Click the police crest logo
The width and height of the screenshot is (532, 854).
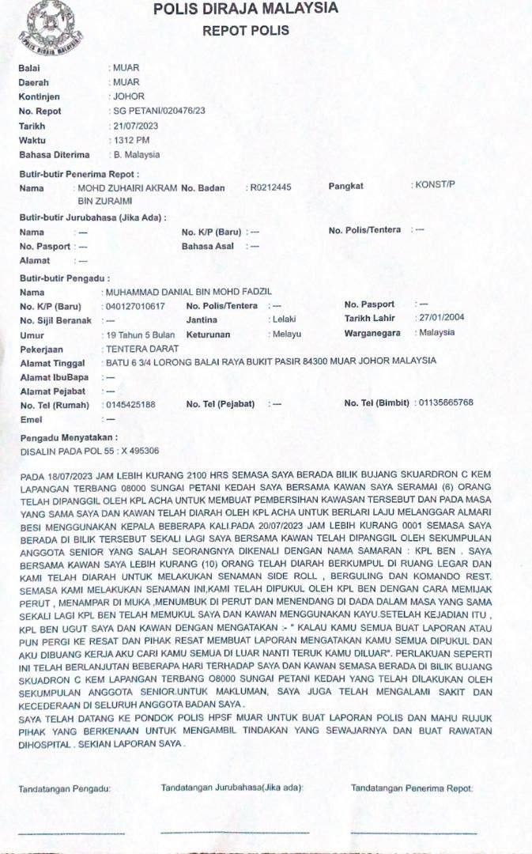45,24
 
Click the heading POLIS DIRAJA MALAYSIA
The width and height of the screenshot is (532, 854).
246,9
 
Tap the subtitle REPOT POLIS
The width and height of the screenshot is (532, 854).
246,31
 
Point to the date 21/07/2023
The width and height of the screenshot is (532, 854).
136,127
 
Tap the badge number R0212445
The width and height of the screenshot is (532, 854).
271,188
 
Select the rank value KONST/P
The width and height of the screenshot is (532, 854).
436,185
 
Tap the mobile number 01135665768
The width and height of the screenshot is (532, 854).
447,403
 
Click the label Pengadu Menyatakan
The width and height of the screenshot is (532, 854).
69,437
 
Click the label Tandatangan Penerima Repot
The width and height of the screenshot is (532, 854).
412,788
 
